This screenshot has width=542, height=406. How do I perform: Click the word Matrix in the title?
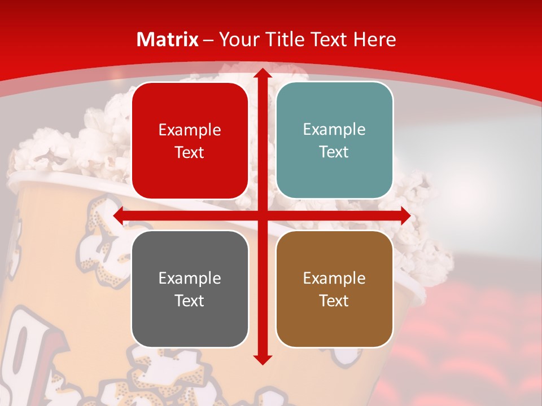168,39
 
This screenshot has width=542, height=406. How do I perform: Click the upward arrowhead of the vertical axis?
262,73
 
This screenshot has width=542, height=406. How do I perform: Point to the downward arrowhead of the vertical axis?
262,359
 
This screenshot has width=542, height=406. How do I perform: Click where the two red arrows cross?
262,216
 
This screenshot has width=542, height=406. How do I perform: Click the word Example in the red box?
190,130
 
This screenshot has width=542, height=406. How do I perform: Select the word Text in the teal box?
334,152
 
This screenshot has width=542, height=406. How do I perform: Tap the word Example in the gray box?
190,278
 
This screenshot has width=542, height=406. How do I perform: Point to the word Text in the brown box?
334,301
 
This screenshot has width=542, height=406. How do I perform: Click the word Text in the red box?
190,153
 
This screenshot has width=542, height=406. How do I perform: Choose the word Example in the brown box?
334,278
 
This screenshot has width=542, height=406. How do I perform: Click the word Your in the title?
237,39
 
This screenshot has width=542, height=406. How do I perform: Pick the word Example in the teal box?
334,130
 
